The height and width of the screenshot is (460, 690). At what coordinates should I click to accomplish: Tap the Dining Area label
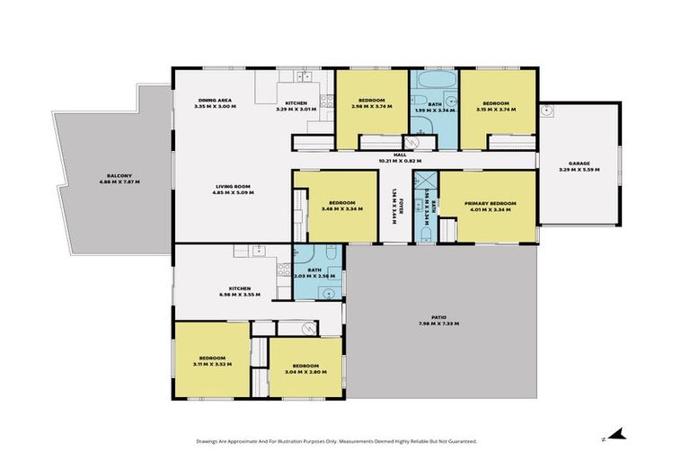(216, 100)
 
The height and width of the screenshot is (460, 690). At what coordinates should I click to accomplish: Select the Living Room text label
(231, 186)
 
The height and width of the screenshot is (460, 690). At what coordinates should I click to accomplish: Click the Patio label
(438, 317)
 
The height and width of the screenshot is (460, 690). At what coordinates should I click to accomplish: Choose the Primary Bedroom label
(491, 204)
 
